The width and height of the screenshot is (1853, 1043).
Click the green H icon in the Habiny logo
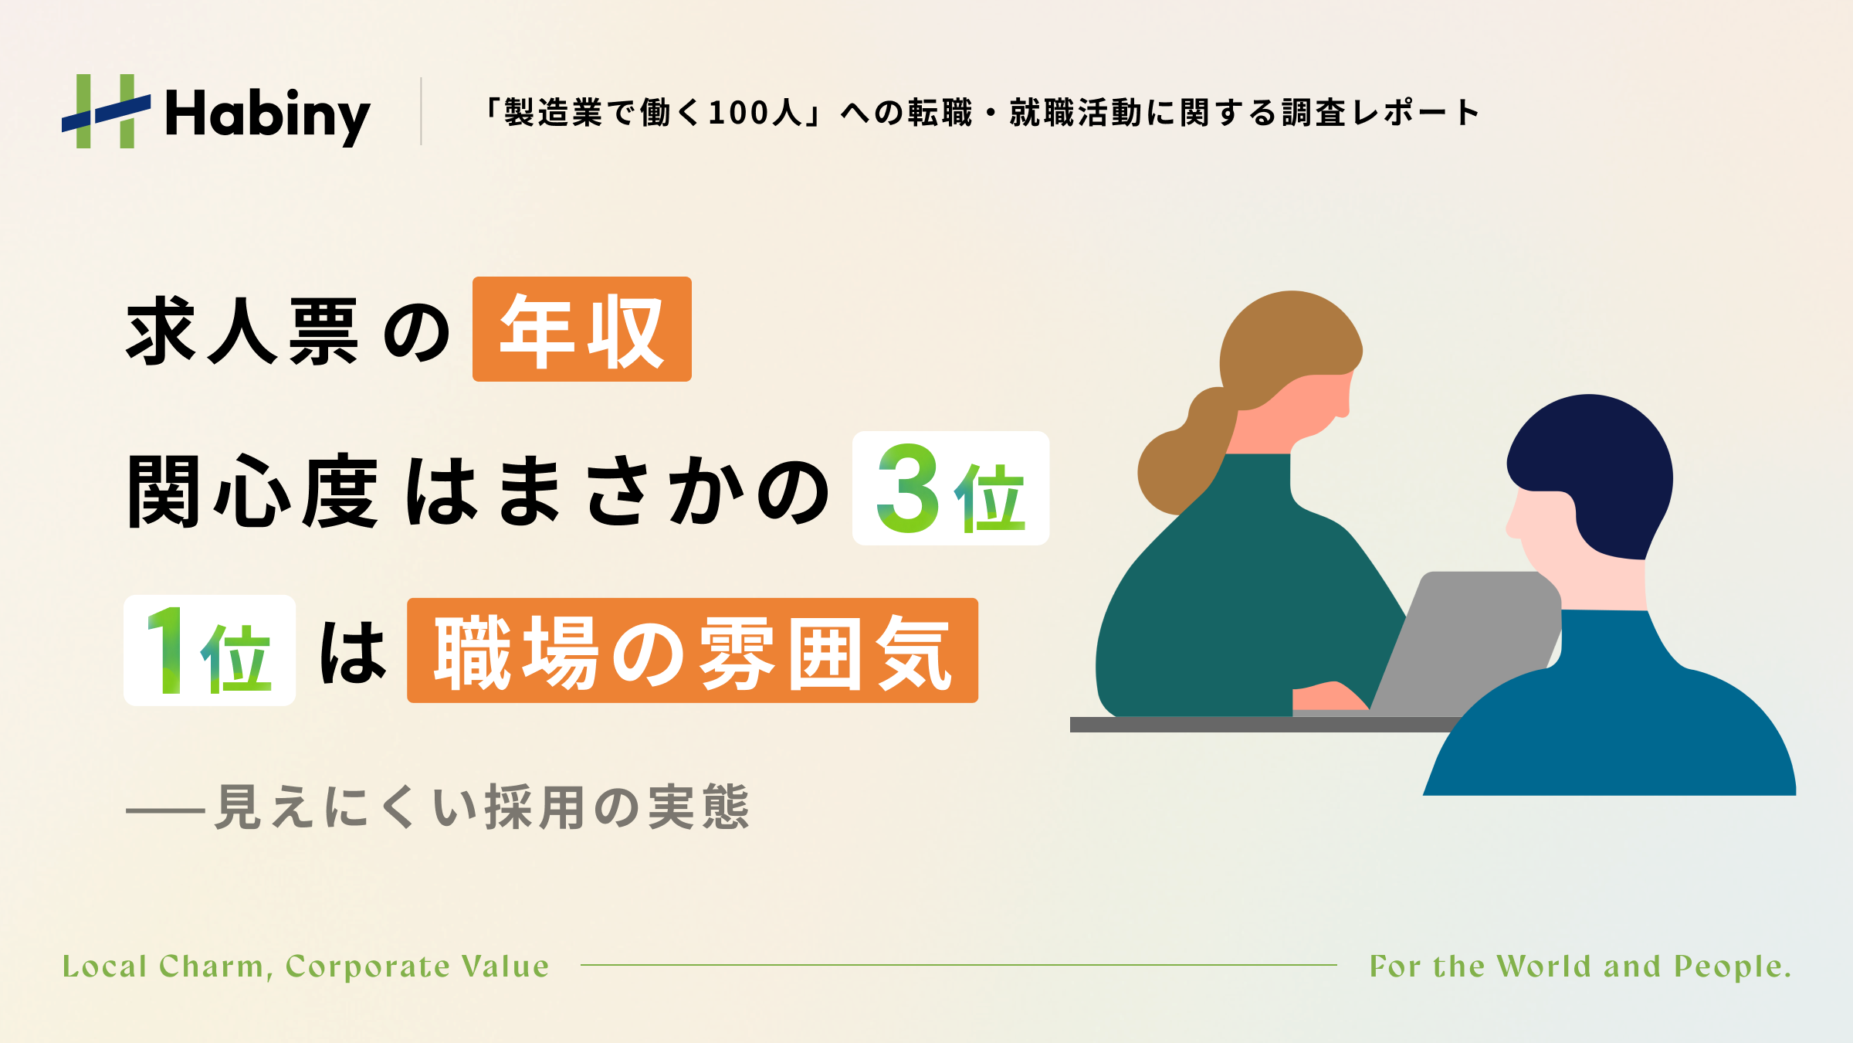(x=106, y=111)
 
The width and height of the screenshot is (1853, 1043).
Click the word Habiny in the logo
(x=268, y=115)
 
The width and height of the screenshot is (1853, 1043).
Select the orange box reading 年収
(x=582, y=329)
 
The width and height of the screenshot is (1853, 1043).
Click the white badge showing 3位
(x=950, y=488)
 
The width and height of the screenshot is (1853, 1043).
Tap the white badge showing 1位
(x=209, y=650)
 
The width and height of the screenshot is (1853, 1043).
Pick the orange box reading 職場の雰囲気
(x=693, y=651)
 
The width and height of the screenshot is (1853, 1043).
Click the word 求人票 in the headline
(x=242, y=331)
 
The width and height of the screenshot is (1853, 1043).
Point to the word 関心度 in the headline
(x=252, y=491)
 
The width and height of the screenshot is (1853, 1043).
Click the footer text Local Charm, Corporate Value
(x=306, y=967)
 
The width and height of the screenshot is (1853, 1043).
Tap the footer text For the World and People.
(x=1580, y=967)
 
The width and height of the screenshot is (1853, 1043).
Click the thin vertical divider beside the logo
(x=421, y=111)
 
